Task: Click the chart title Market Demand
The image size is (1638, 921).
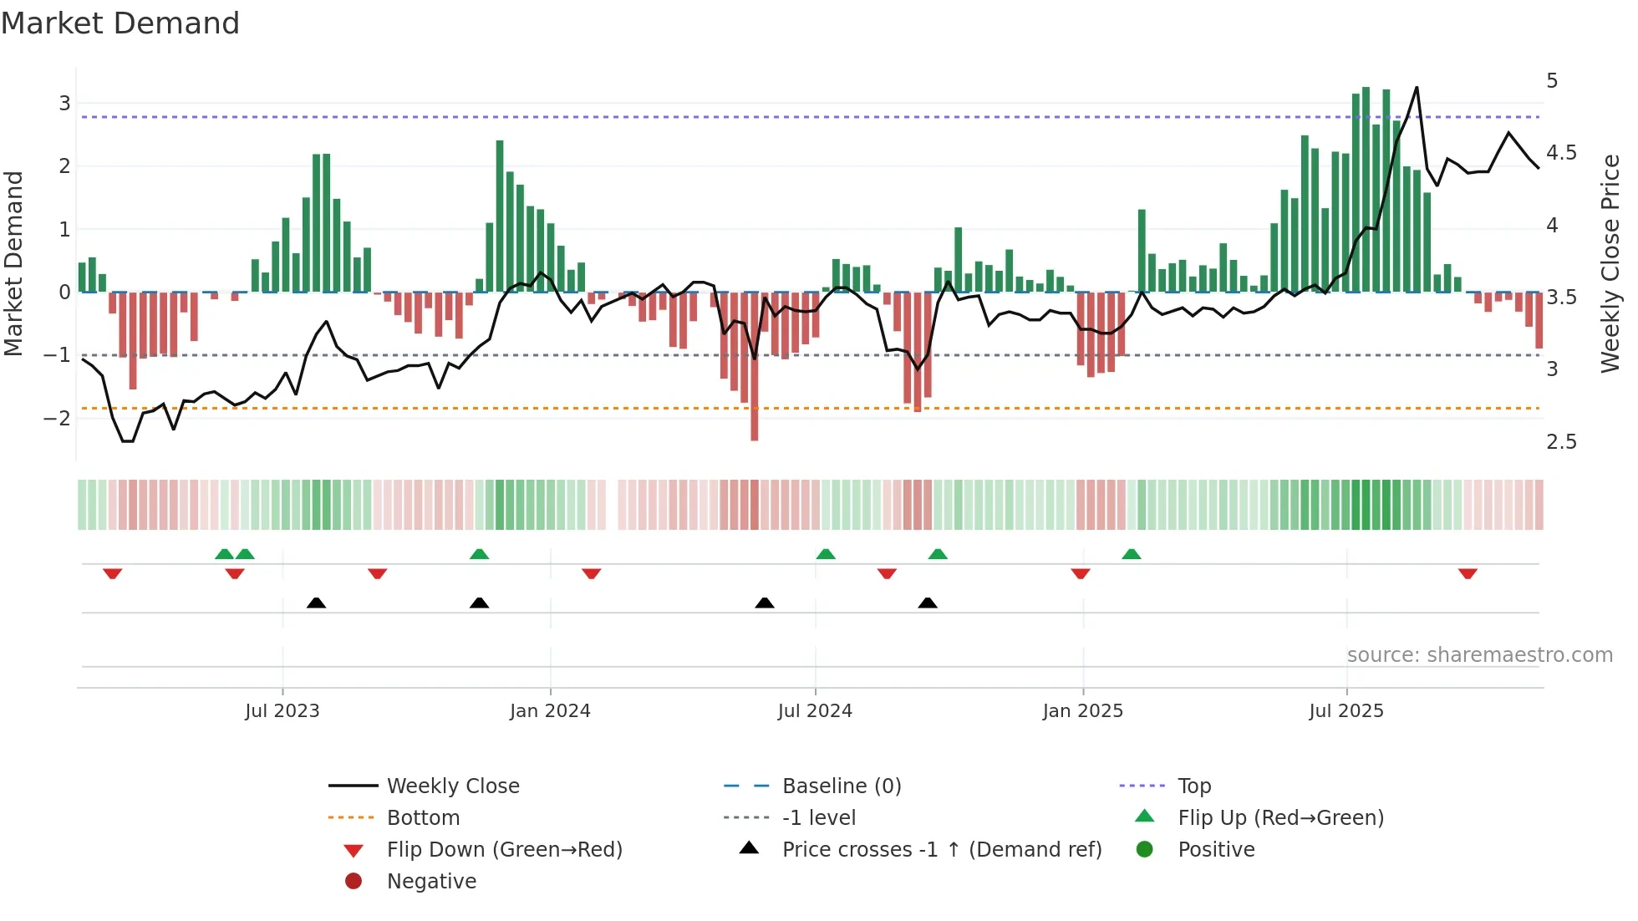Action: point(120,23)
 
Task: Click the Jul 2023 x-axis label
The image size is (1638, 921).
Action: point(282,711)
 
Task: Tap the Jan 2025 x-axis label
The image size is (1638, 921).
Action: point(1083,711)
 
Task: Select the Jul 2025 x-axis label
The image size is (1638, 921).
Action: point(1346,711)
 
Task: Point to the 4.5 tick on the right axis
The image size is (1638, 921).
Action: point(1561,153)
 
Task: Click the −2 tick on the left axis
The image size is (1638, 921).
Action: point(57,418)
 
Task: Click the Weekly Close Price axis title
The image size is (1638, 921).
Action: point(1610,263)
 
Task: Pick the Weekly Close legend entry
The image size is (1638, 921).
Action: point(453,786)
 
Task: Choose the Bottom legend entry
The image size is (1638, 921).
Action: point(423,818)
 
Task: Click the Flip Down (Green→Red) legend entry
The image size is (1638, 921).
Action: point(504,850)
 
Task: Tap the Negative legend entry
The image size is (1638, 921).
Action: point(431,882)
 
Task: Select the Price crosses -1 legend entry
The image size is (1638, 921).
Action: point(942,850)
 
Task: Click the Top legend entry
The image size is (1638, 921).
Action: point(1194,786)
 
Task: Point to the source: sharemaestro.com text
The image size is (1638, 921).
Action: point(1479,655)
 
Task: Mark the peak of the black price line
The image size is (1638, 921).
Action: point(1417,88)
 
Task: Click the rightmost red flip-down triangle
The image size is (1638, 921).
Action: point(1468,573)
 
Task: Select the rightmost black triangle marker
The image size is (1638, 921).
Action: point(928,603)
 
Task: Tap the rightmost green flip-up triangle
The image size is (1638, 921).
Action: point(1132,554)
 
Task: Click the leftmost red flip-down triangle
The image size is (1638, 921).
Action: point(113,573)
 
